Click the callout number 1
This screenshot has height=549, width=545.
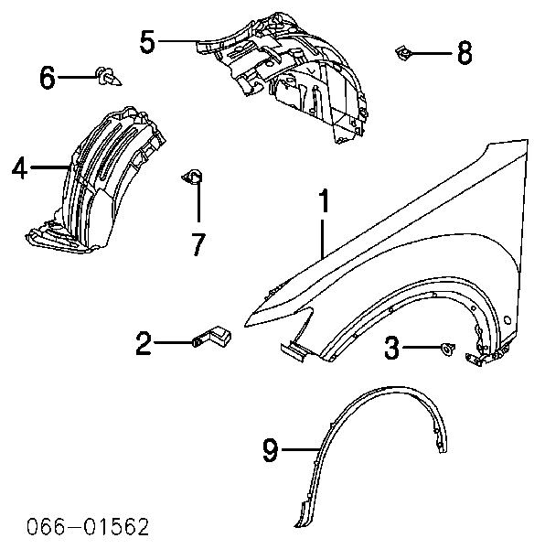tap(325, 201)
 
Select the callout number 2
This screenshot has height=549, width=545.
tap(144, 343)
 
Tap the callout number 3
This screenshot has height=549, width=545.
tap(391, 348)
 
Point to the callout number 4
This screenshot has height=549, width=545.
tap(19, 167)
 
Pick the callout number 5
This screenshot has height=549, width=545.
tap(147, 42)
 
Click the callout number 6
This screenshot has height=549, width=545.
tap(48, 78)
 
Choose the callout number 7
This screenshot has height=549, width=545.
tap(198, 244)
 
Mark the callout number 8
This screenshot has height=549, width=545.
tap(465, 53)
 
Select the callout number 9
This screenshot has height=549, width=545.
tap(271, 450)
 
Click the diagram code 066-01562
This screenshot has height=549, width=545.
tap(88, 527)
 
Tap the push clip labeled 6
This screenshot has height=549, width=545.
tap(108, 76)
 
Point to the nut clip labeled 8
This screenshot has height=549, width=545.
tap(403, 53)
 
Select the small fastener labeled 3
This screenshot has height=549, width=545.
tap(448, 349)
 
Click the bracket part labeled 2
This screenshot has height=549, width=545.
tap(213, 336)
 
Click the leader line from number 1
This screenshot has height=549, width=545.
tap(323, 239)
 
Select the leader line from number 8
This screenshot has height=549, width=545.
tap(432, 53)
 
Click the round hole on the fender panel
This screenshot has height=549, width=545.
tap(508, 319)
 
